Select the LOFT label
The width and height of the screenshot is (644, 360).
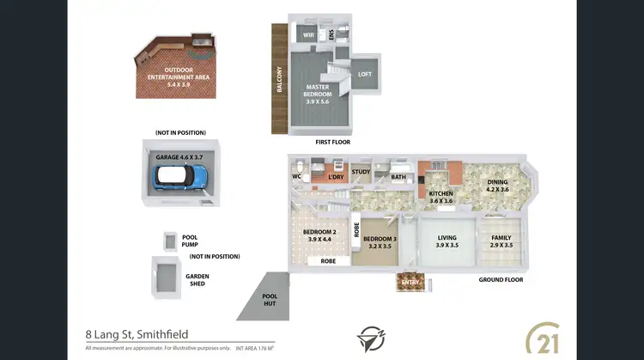364,74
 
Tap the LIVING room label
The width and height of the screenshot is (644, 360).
447,241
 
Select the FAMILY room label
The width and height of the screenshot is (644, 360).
501,241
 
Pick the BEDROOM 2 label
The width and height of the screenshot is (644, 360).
319,235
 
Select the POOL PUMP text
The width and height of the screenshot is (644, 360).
195,241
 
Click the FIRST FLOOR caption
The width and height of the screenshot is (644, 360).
332,142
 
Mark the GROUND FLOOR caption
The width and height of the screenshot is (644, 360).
501,280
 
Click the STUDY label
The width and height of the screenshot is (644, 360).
361,172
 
